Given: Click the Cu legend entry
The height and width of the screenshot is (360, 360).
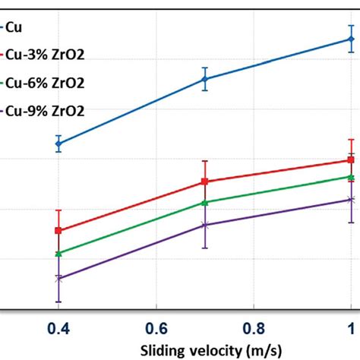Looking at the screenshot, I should click(x=14, y=28).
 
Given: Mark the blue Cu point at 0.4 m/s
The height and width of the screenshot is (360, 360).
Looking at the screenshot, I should click(x=58, y=144).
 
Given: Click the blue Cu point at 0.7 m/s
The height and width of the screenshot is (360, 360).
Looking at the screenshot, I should click(x=204, y=79).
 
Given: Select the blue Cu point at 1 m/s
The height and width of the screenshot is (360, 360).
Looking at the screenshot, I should click(x=351, y=39).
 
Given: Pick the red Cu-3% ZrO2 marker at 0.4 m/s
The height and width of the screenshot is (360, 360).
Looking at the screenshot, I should click(x=58, y=231).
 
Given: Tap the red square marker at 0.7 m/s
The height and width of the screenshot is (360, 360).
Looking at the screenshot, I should click(x=204, y=182).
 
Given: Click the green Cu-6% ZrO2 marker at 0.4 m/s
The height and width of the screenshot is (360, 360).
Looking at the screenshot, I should click(x=58, y=253).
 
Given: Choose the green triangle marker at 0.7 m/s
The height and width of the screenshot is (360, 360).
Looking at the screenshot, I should click(x=204, y=202).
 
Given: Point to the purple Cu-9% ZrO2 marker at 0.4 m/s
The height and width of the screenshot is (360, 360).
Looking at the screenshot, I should click(x=58, y=279).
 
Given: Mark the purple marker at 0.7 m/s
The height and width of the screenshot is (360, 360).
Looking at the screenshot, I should click(x=204, y=225).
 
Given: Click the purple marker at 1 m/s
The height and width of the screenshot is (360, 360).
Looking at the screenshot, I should click(x=351, y=200).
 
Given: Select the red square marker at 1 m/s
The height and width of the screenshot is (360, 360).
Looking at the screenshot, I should click(x=351, y=159).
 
